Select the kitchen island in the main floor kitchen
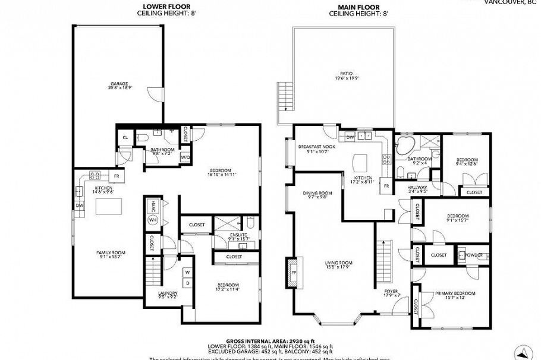pos(362,162)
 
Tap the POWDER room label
pos(473,254)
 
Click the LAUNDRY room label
pos(168,295)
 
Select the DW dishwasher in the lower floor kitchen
pos(79,206)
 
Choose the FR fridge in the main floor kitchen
pos(385,186)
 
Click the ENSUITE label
pos(238,236)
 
